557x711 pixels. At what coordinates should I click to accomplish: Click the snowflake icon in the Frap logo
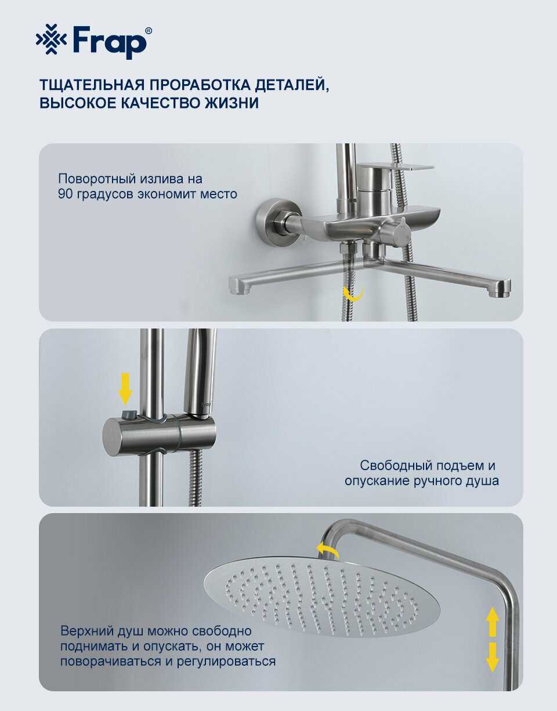point(51,39)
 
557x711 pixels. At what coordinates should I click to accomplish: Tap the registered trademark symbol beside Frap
point(148,31)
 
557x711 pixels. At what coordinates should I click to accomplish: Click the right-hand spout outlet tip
point(500,288)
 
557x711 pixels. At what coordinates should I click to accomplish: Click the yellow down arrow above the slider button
point(125,389)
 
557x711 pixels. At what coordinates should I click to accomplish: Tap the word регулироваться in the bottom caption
point(226,662)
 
